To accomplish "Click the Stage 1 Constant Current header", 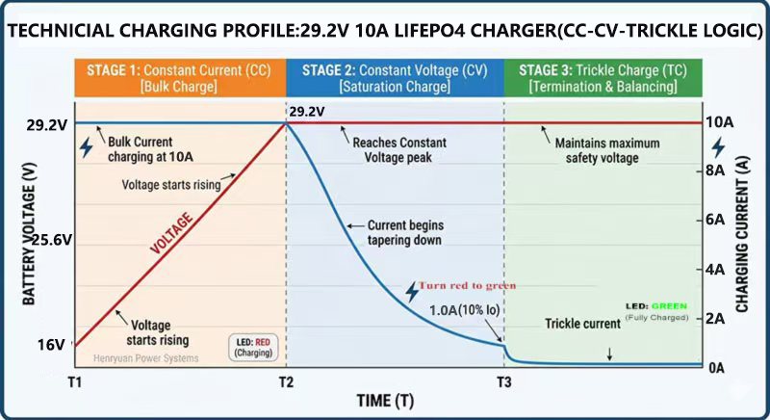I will click(179, 77).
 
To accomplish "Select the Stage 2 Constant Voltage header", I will click(395, 77).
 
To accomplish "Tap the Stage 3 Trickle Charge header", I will click(603, 77).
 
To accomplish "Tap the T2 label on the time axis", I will click(286, 382).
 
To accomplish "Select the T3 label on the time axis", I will click(504, 382).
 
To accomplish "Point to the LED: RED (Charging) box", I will click(254, 347).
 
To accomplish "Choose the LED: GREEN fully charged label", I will click(656, 310).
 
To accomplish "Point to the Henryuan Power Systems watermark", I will click(145, 358).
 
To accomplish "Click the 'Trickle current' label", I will click(582, 324).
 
